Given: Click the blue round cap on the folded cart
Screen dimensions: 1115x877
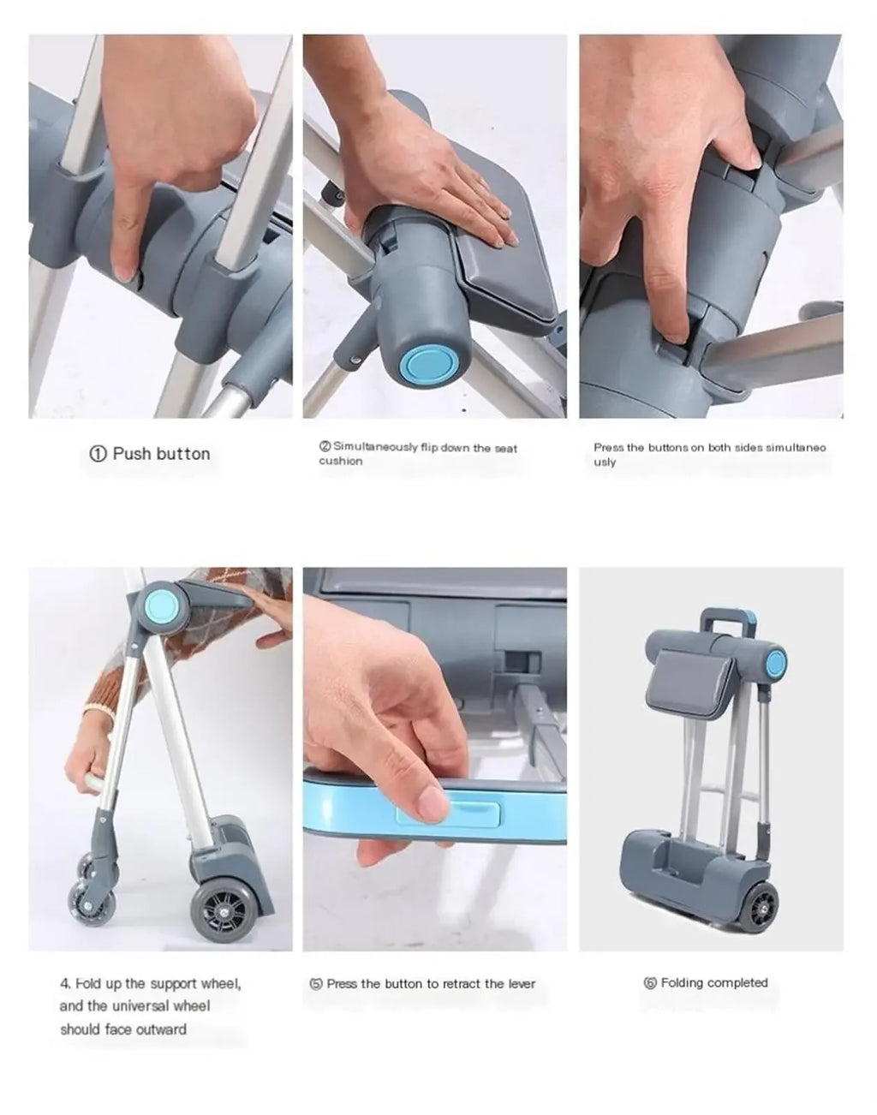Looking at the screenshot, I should click(x=776, y=661).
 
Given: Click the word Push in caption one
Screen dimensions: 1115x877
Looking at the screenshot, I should click(x=130, y=454).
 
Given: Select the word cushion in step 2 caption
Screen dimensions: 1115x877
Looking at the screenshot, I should click(x=341, y=461).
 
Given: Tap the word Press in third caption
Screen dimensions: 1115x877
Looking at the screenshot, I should click(x=608, y=447).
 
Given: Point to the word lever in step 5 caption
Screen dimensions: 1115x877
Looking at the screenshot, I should click(x=521, y=984).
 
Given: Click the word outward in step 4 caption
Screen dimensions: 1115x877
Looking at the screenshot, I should click(x=160, y=1029).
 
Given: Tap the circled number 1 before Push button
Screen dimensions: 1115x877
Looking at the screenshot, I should click(x=98, y=455).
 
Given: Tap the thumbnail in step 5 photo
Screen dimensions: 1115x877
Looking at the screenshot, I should click(x=432, y=806).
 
